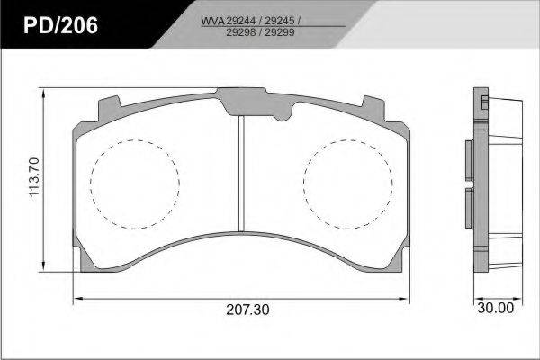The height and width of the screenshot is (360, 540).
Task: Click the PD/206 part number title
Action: (x=60, y=25)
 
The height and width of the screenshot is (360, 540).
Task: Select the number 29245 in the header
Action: (x=280, y=21)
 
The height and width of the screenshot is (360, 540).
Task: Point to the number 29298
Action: (x=240, y=32)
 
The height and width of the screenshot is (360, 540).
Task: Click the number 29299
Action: (x=280, y=32)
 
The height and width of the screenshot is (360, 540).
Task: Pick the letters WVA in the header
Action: (x=213, y=21)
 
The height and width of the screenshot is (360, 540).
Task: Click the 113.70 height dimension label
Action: (x=34, y=177)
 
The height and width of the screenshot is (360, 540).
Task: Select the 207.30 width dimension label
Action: (x=248, y=310)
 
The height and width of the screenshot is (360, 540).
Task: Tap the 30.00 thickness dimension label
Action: (x=496, y=308)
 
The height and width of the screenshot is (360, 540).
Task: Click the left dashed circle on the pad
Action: (x=91, y=184)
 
